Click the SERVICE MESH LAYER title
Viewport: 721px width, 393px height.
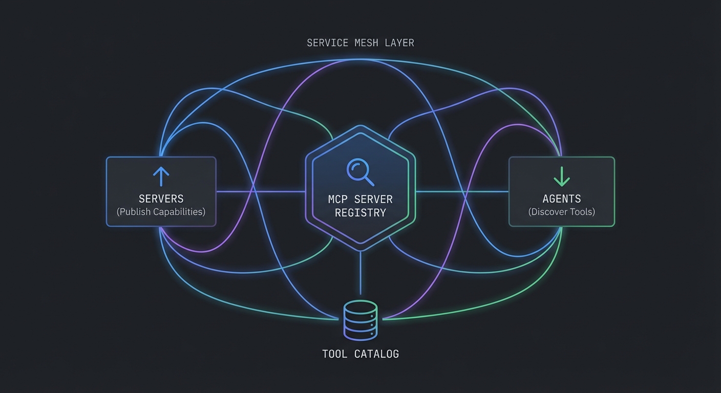pos(360,43)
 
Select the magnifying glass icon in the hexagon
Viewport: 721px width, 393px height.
pos(360,171)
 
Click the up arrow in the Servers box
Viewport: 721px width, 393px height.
pos(161,176)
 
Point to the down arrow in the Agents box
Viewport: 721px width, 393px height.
pos(562,176)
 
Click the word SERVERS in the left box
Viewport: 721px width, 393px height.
pos(161,199)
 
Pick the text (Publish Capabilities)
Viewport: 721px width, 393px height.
pos(161,211)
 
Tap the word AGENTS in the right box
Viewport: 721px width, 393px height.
pos(562,199)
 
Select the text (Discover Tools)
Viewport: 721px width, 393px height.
pos(562,211)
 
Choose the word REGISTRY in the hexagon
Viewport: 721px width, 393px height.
pos(360,212)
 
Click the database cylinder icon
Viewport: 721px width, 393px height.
pos(360,320)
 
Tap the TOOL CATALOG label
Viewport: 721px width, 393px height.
pos(360,354)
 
